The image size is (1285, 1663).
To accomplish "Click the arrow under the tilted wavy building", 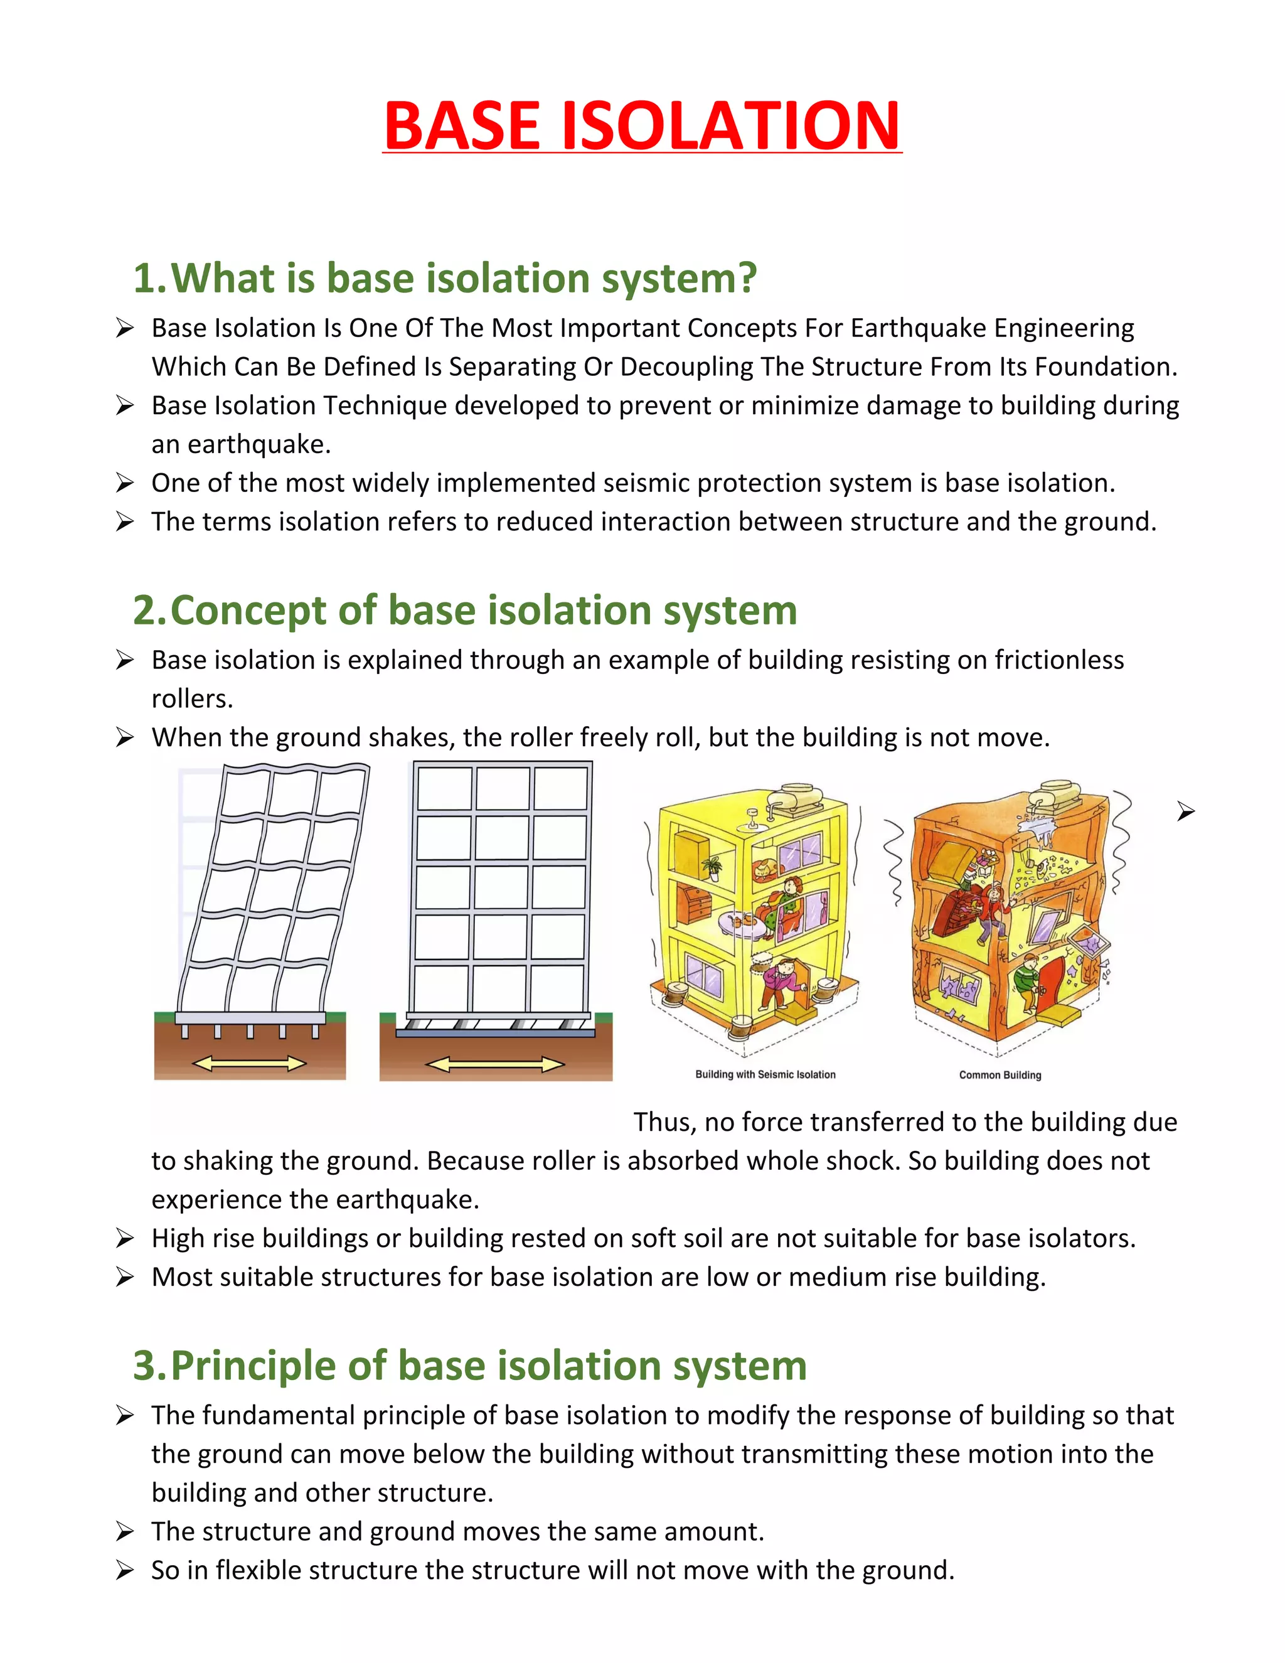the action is pos(249,1064).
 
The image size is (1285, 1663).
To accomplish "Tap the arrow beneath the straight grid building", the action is pos(495,1064).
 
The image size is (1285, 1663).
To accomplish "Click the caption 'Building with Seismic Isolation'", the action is pos(765,1074).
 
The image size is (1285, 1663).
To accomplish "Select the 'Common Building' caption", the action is pos(1000,1075).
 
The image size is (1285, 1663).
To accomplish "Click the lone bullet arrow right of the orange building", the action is pos(1185,811).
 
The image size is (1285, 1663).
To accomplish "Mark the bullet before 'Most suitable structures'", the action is pos(125,1277).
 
